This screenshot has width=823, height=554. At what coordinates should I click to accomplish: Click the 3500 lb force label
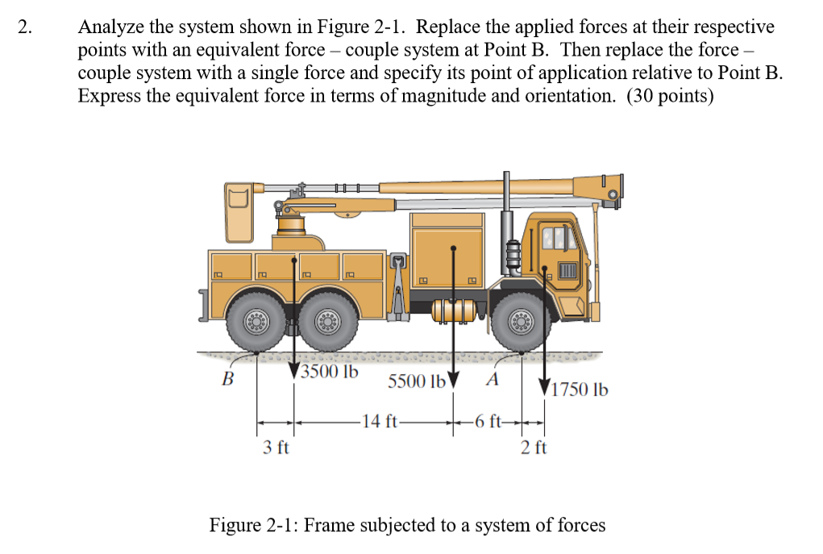[x=329, y=373]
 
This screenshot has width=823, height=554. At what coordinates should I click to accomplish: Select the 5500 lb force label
[x=417, y=381]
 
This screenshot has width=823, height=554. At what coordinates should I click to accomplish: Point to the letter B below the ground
[x=228, y=377]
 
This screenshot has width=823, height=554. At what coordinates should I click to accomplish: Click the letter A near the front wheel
[x=493, y=378]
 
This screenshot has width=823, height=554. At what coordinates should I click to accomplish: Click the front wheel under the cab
[x=522, y=323]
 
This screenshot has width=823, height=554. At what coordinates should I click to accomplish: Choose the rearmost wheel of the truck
[x=257, y=323]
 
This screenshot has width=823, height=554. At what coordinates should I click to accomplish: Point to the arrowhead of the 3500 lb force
[x=294, y=373]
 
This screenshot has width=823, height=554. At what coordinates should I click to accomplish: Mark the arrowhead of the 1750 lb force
[x=545, y=386]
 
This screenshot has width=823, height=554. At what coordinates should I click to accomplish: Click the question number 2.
[x=27, y=27]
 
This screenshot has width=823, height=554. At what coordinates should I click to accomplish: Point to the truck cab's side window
[x=559, y=240]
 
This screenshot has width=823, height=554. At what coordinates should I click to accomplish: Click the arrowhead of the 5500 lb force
[x=454, y=379]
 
